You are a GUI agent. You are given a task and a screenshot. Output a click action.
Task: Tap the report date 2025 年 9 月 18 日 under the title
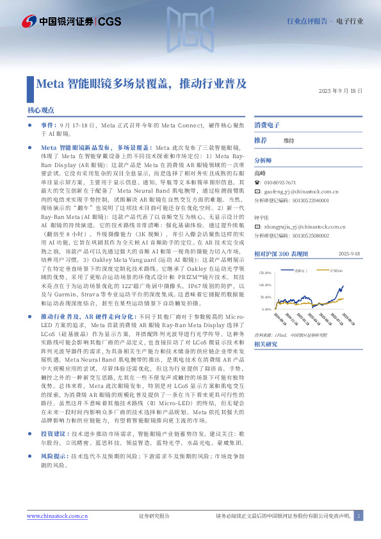tap(339, 92)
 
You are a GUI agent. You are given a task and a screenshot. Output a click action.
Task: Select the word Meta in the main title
tap(49, 83)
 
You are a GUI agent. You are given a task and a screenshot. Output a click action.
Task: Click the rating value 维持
tap(289, 140)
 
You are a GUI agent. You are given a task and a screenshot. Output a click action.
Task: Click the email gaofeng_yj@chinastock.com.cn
tap(300, 191)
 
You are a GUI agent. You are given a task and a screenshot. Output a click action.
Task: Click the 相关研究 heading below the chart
tap(265, 344)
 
